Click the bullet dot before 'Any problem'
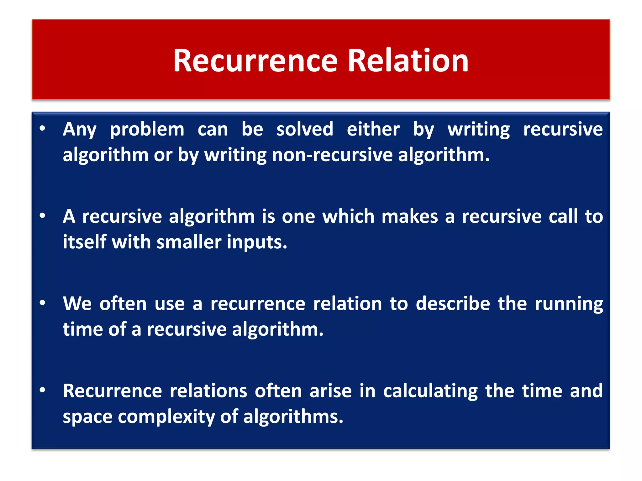click(x=43, y=128)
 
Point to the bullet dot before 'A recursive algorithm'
click(x=43, y=215)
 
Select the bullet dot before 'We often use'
click(x=43, y=303)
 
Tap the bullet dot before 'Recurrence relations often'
click(x=43, y=390)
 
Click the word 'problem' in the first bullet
click(x=147, y=130)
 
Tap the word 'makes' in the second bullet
click(x=409, y=216)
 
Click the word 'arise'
click(x=330, y=391)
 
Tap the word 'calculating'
click(x=430, y=391)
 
